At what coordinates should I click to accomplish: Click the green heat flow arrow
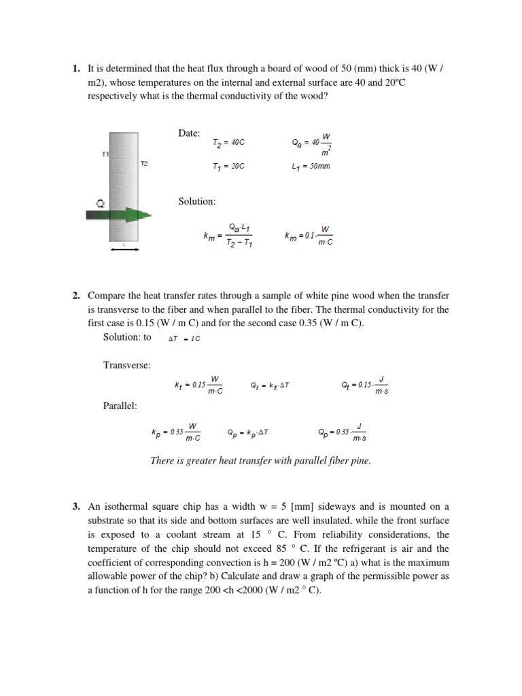[x=119, y=215]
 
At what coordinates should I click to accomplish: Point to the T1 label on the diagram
[x=105, y=154]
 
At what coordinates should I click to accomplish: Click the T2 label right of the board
[x=143, y=164]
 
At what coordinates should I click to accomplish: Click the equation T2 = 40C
[x=228, y=143]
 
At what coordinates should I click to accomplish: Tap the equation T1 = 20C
[x=228, y=166]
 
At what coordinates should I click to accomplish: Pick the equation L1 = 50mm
[x=311, y=166]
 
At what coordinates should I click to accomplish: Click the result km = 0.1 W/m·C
[x=309, y=237]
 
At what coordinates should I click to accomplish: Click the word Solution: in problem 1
[x=197, y=201]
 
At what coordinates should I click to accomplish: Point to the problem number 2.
[x=76, y=296]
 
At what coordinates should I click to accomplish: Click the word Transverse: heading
[x=126, y=365]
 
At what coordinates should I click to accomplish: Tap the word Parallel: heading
[x=120, y=406]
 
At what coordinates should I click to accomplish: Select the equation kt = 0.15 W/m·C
[x=199, y=385]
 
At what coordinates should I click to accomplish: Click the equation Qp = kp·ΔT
[x=249, y=432]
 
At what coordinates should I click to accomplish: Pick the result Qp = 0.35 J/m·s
[x=343, y=432]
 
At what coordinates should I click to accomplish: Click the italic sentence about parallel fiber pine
[x=261, y=461]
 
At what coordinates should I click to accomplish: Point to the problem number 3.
[x=76, y=506]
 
